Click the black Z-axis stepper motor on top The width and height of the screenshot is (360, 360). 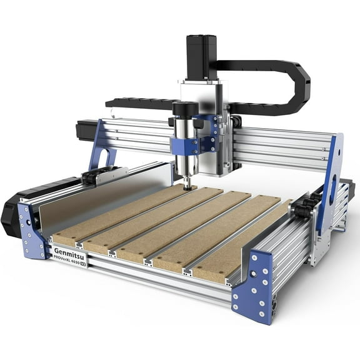[x=201, y=56]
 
